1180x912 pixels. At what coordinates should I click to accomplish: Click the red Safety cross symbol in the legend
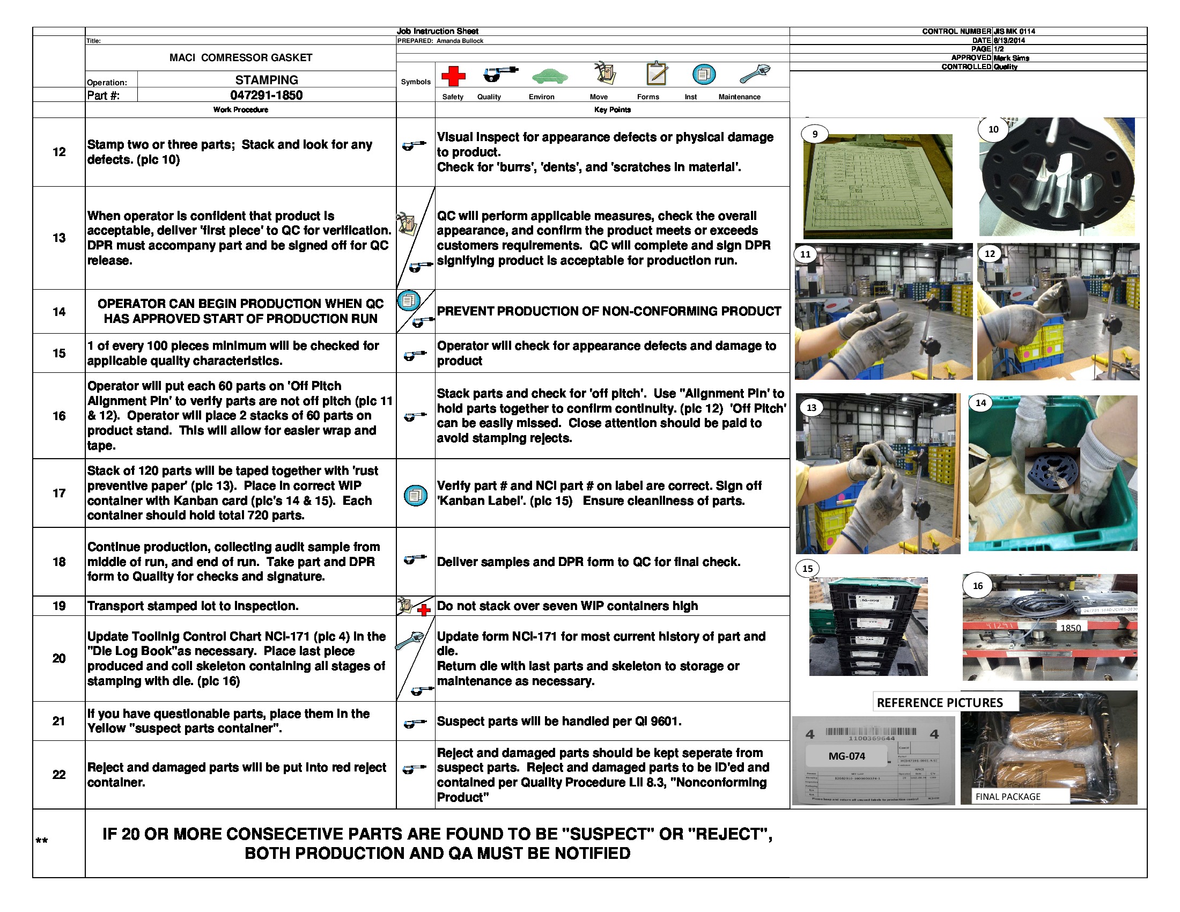[x=453, y=76]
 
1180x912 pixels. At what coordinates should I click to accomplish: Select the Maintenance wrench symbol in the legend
[x=754, y=73]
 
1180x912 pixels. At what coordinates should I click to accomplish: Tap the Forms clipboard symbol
[x=657, y=73]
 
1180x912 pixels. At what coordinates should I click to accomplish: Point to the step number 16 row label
[x=59, y=415]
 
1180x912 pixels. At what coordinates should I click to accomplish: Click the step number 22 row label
[x=59, y=774]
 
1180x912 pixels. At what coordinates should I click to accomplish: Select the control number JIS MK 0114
[x=1014, y=31]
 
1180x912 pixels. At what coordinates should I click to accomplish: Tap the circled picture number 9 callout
[x=814, y=134]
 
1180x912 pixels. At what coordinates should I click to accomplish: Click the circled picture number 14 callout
[x=980, y=402]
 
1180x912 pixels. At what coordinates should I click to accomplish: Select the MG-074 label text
[x=846, y=756]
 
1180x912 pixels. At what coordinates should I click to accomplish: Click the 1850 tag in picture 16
[x=1070, y=628]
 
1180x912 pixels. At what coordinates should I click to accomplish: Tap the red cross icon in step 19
[x=424, y=610]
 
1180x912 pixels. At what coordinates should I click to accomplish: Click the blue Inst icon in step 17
[x=415, y=495]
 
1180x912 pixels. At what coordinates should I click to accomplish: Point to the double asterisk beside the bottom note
[x=42, y=841]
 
